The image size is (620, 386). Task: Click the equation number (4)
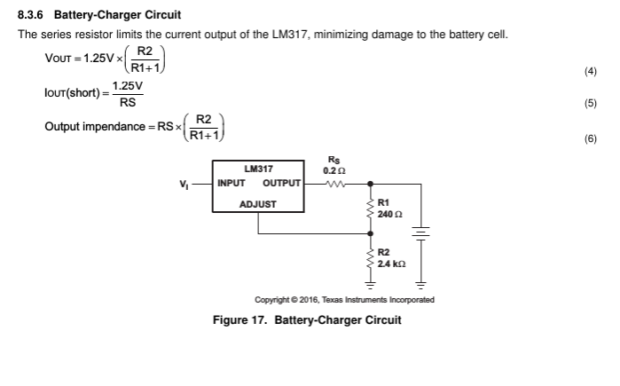point(591,72)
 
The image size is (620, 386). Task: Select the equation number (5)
point(591,104)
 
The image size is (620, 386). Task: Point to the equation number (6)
point(591,139)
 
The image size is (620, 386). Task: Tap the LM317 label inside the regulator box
point(258,169)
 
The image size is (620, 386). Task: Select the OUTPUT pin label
point(282,185)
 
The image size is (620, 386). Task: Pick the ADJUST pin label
point(257,204)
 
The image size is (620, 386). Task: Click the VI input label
point(184,185)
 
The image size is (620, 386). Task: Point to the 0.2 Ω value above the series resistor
point(334,170)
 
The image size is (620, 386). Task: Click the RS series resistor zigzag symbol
point(335,185)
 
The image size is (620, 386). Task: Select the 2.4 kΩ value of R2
point(391,264)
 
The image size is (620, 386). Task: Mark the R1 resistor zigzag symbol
point(371,210)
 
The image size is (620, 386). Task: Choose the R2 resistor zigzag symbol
point(371,261)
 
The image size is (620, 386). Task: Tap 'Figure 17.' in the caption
point(240,319)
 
